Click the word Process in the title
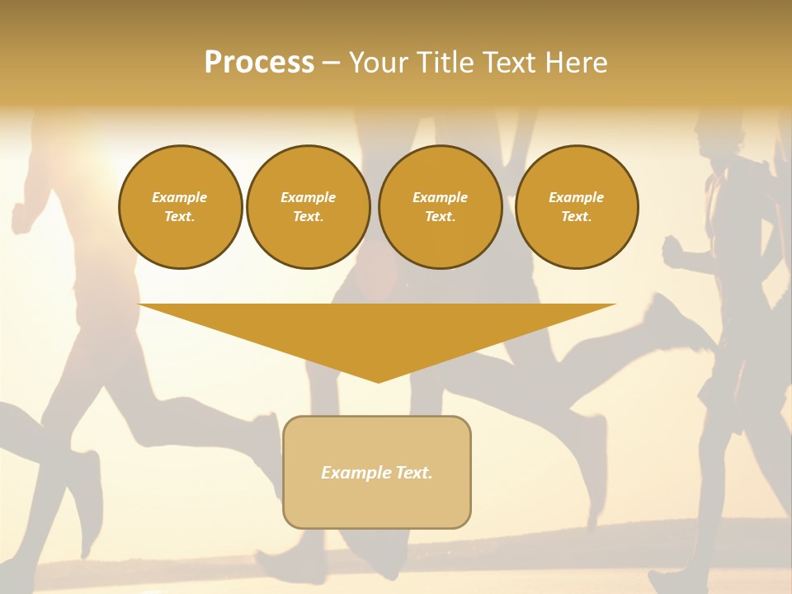pyautogui.click(x=259, y=63)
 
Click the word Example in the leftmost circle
pyautogui.click(x=180, y=197)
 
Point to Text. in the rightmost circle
pyautogui.click(x=577, y=216)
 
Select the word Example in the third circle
pyautogui.click(x=440, y=197)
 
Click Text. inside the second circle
pyautogui.click(x=308, y=216)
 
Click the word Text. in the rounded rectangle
pyautogui.click(x=415, y=473)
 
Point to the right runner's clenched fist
pyautogui.click(x=673, y=249)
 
